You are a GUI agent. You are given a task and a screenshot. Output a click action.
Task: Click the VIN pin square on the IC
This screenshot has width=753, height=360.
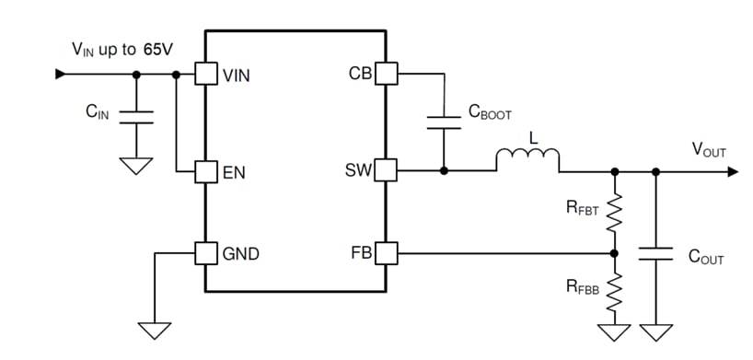coord(204,74)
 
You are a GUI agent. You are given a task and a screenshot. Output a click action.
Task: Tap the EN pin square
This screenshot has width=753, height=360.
coord(204,171)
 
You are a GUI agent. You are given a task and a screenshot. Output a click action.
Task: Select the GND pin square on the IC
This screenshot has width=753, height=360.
coord(204,252)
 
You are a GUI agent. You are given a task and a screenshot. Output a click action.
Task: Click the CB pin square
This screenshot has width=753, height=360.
coord(385,74)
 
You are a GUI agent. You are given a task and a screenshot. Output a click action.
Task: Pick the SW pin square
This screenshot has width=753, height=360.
coord(385,171)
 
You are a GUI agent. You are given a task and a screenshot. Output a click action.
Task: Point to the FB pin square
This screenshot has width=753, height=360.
coord(385,252)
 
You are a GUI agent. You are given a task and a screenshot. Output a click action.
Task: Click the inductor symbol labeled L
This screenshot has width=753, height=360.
coord(527,162)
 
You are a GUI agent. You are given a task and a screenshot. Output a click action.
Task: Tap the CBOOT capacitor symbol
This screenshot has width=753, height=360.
coord(444,122)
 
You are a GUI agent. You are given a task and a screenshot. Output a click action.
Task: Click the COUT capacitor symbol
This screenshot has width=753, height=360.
coord(655,253)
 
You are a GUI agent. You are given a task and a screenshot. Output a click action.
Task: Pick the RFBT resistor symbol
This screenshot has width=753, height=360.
coord(614,214)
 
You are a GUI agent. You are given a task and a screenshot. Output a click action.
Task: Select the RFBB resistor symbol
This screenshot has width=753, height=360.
coord(614,290)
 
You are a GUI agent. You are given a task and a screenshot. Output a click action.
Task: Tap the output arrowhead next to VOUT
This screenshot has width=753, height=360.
coord(731,171)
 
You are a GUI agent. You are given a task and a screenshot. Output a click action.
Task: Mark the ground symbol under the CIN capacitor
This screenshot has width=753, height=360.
coord(136,165)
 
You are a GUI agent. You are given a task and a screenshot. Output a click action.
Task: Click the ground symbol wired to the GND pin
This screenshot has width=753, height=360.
coord(156,330)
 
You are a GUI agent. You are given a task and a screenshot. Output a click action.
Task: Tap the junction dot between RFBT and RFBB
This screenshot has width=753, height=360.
coord(614,252)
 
